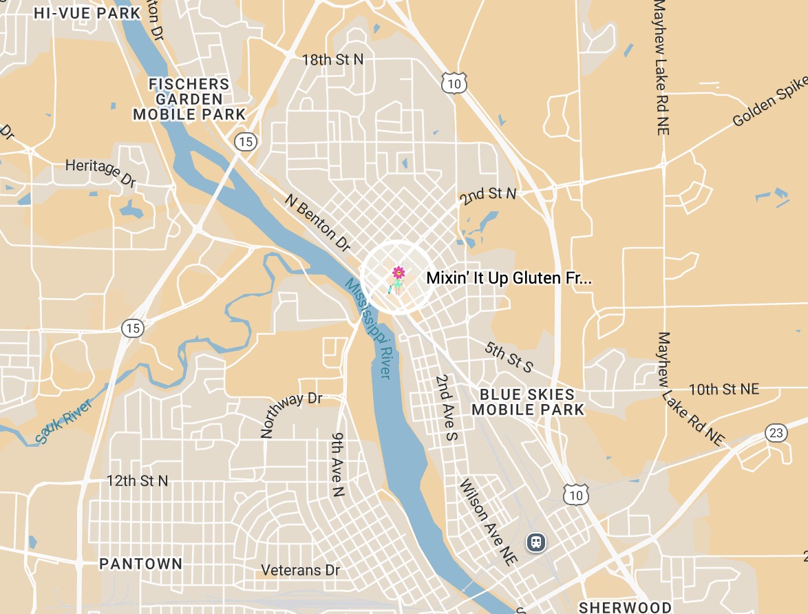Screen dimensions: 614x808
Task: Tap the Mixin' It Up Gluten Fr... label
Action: (x=509, y=279)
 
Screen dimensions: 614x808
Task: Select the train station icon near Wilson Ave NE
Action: (x=535, y=542)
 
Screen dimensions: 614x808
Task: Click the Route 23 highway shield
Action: (x=776, y=433)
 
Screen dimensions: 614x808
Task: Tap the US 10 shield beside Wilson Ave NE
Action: (x=575, y=494)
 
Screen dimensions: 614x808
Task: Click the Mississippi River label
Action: (x=368, y=328)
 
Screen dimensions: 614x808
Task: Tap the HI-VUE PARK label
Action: (x=87, y=13)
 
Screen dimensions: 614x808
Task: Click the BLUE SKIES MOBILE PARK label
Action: (x=527, y=402)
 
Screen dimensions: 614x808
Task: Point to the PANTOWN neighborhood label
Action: (x=141, y=564)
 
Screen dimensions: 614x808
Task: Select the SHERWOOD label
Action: (x=625, y=607)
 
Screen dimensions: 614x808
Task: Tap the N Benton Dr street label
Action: (x=318, y=222)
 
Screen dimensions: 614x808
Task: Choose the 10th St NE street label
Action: (x=724, y=390)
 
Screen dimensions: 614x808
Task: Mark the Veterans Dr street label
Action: (x=301, y=571)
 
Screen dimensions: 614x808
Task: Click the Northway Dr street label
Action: (x=291, y=415)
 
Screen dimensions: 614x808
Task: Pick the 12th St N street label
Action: (x=137, y=481)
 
